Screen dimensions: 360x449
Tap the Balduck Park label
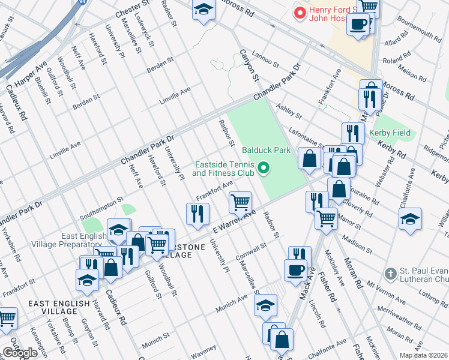pos(266,150)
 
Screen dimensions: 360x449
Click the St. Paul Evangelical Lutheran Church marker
pos(391,274)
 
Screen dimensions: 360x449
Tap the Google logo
pos(20,353)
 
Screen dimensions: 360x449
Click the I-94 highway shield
pos(81,3)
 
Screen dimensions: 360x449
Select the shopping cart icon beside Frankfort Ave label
pos(240,202)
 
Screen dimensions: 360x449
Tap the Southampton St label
pos(104,200)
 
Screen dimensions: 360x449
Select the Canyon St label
pos(249,65)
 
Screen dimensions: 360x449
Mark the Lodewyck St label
pos(144,25)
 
